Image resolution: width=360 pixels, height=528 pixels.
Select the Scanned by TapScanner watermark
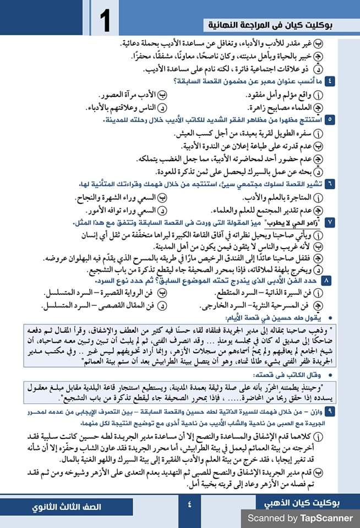click(x=299, y=518)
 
